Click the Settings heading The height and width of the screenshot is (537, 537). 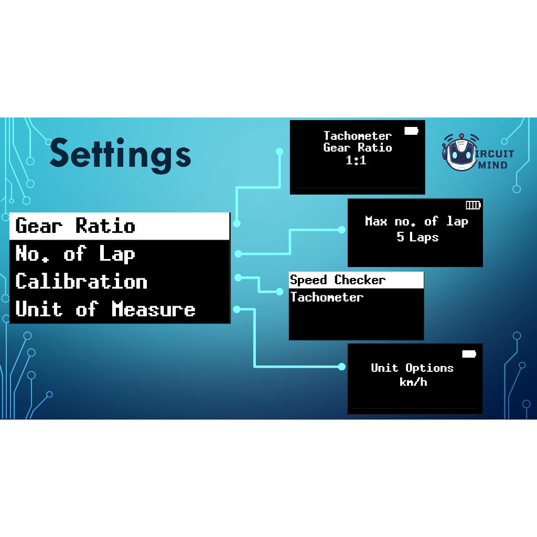(120, 153)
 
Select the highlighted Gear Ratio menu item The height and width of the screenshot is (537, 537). (76, 226)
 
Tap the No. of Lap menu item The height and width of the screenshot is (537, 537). (76, 254)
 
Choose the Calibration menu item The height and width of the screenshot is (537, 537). (81, 282)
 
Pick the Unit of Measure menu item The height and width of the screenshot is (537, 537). (105, 309)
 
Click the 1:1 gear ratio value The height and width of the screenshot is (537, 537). (356, 161)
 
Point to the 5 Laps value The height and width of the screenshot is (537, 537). (417, 237)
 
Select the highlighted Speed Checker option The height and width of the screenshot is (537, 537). (338, 280)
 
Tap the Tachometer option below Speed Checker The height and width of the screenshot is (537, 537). (327, 297)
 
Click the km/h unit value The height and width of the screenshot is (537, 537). (413, 382)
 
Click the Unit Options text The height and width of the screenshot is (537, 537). (412, 368)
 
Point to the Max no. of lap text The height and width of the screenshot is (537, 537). (416, 221)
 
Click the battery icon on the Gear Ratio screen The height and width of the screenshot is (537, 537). (411, 131)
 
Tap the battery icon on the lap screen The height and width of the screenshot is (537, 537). (473, 205)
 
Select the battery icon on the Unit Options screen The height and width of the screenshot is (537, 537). (469, 354)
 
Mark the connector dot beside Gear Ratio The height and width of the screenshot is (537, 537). (237, 223)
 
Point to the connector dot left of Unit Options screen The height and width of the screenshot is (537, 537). (342, 367)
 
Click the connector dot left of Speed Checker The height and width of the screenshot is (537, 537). (280, 292)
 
